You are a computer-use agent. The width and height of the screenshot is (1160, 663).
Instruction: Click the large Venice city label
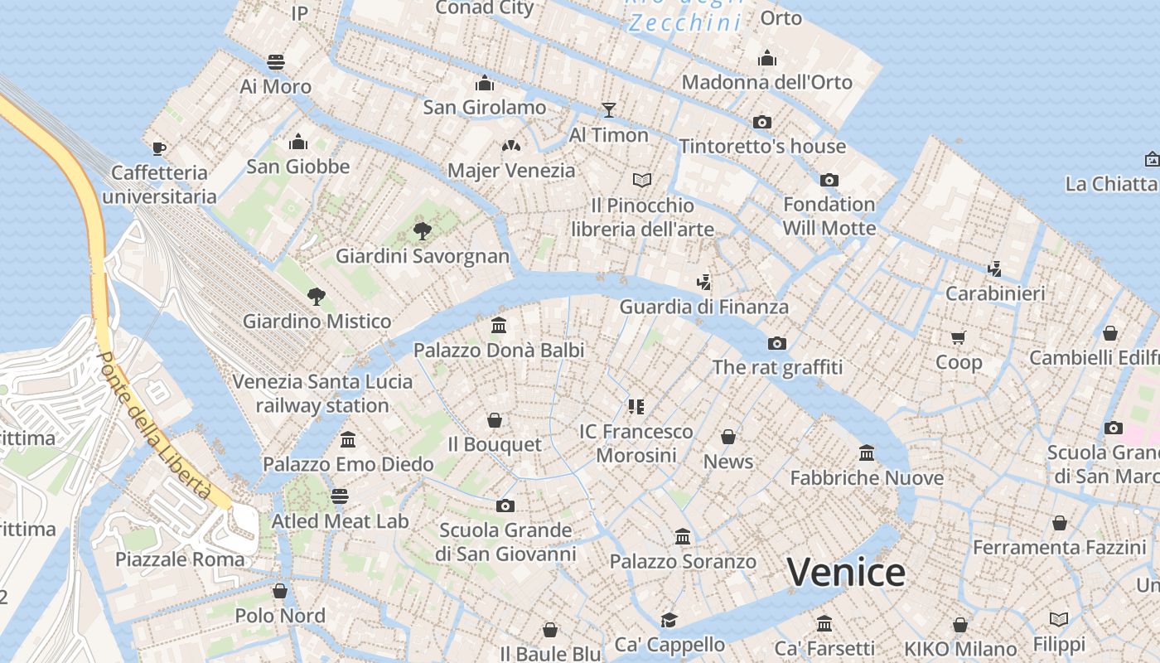coord(846,573)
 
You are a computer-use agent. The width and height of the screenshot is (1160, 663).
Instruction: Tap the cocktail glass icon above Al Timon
coord(609,109)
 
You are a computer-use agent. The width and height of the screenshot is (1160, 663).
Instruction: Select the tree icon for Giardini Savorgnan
coord(423,230)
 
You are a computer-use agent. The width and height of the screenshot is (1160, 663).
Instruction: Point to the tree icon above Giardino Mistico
coord(316,296)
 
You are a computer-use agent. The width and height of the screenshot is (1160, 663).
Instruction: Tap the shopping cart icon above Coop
coord(959,337)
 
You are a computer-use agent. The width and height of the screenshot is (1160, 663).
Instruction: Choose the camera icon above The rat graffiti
coord(776,343)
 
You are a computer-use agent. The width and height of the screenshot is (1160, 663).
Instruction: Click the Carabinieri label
coord(995,293)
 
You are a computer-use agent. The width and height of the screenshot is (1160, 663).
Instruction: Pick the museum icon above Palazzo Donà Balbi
coord(499,326)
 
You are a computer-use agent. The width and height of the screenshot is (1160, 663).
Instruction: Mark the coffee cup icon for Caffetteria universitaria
coord(159,148)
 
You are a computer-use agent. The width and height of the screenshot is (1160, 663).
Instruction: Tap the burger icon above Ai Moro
coord(276,62)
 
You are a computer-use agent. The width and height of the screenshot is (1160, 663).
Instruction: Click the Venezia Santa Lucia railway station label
coord(322,394)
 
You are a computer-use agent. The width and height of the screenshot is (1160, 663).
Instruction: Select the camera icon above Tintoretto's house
coord(762,122)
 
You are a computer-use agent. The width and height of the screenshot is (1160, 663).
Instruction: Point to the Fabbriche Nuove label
coord(867,478)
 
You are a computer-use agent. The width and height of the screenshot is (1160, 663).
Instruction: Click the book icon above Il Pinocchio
coord(642,180)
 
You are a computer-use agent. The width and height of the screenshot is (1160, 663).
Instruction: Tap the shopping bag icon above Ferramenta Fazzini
coord(1059,523)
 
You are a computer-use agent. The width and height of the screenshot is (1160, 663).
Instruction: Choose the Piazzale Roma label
coord(180,559)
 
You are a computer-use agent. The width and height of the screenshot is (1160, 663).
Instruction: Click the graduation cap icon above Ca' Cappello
coord(669,620)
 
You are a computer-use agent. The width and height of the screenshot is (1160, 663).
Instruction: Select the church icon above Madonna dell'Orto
coord(767,58)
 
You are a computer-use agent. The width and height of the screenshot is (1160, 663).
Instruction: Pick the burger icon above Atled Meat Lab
coord(340,496)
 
